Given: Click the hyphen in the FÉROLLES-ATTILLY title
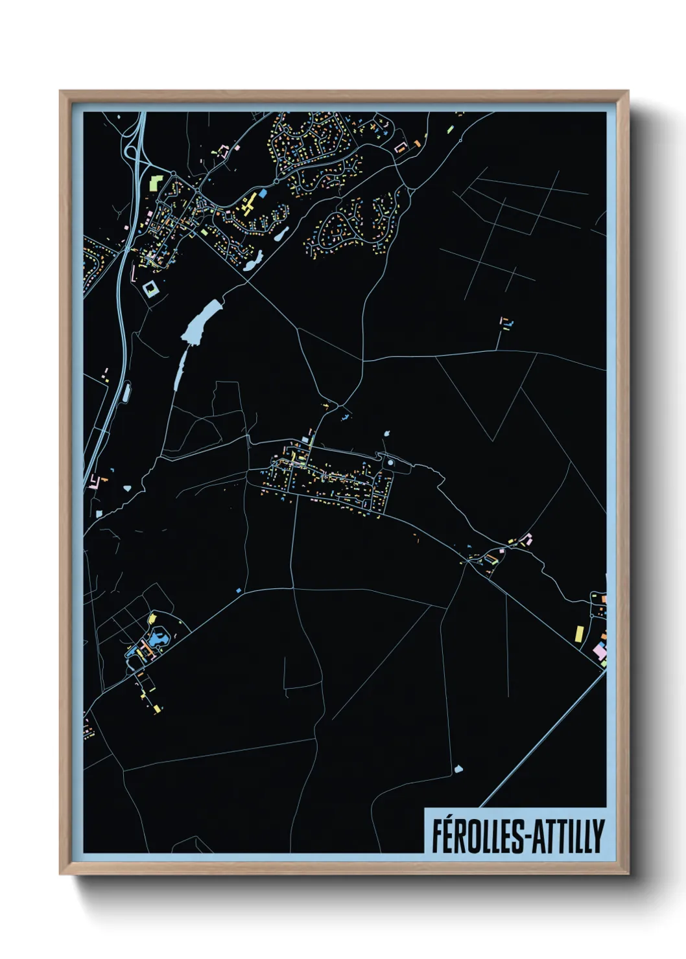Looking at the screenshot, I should (x=528, y=837).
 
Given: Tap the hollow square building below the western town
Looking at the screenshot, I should (x=151, y=288).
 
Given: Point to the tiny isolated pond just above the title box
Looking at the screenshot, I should (x=459, y=769).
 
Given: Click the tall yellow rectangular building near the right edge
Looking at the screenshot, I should (x=580, y=633).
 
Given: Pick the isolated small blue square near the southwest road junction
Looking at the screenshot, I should (x=238, y=590).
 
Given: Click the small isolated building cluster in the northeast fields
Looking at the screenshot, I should (x=506, y=323).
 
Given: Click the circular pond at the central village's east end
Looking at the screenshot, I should (x=390, y=463).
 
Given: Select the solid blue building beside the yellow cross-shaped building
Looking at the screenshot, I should (x=263, y=193).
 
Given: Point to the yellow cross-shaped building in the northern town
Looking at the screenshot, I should (x=248, y=203).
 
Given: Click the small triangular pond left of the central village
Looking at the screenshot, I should (x=127, y=487).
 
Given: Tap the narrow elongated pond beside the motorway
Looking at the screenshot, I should (x=126, y=390).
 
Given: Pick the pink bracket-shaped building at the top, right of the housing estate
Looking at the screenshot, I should (x=400, y=148).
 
